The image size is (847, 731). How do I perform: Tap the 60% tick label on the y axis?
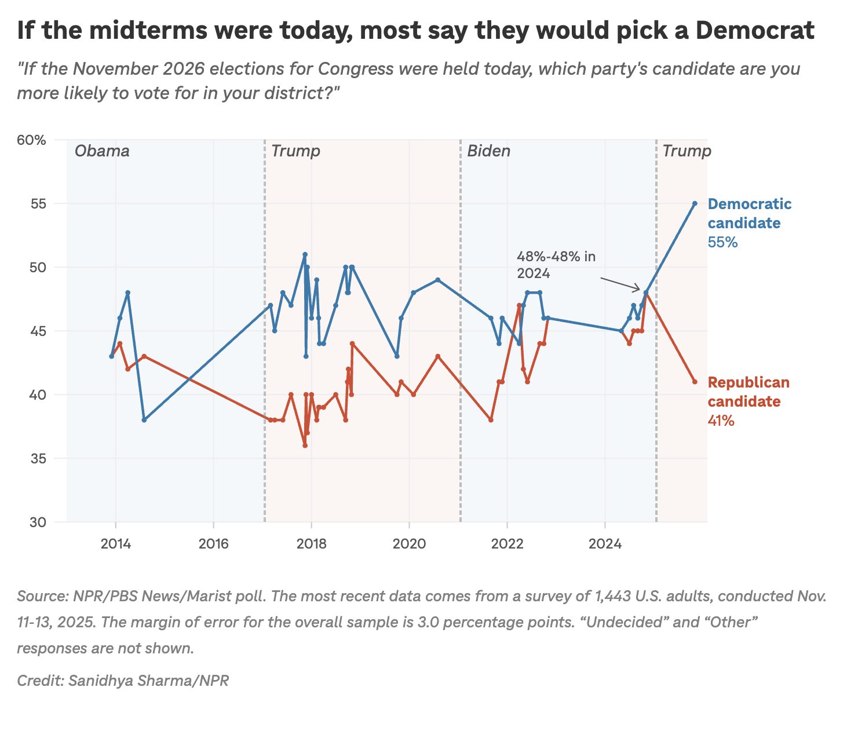pyautogui.click(x=33, y=140)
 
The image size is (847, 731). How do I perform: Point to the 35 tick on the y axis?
pyautogui.click(x=38, y=459)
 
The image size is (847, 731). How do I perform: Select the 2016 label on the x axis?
pyautogui.click(x=213, y=544)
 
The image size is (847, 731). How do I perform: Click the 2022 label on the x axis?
pyautogui.click(x=507, y=544)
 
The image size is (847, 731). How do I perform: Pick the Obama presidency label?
pyautogui.click(x=102, y=152)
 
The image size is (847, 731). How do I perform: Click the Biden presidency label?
pyautogui.click(x=489, y=152)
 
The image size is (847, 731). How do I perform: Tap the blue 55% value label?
pyautogui.click(x=722, y=243)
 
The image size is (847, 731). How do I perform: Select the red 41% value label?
pyautogui.click(x=721, y=421)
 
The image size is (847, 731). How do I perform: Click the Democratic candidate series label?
pyautogui.click(x=750, y=213)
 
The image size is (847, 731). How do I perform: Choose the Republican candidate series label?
pyautogui.click(x=749, y=392)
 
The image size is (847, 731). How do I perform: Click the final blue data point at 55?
pyautogui.click(x=695, y=203)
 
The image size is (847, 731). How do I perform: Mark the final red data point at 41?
pyautogui.click(x=695, y=382)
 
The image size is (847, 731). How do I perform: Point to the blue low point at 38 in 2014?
pyautogui.click(x=144, y=420)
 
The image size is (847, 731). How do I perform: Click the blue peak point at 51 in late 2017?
pyautogui.click(x=305, y=254)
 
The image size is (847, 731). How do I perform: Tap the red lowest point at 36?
pyautogui.click(x=305, y=445)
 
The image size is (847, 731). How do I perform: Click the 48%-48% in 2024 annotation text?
pyautogui.click(x=556, y=265)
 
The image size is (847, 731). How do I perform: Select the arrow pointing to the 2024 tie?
pyautogui.click(x=620, y=284)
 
